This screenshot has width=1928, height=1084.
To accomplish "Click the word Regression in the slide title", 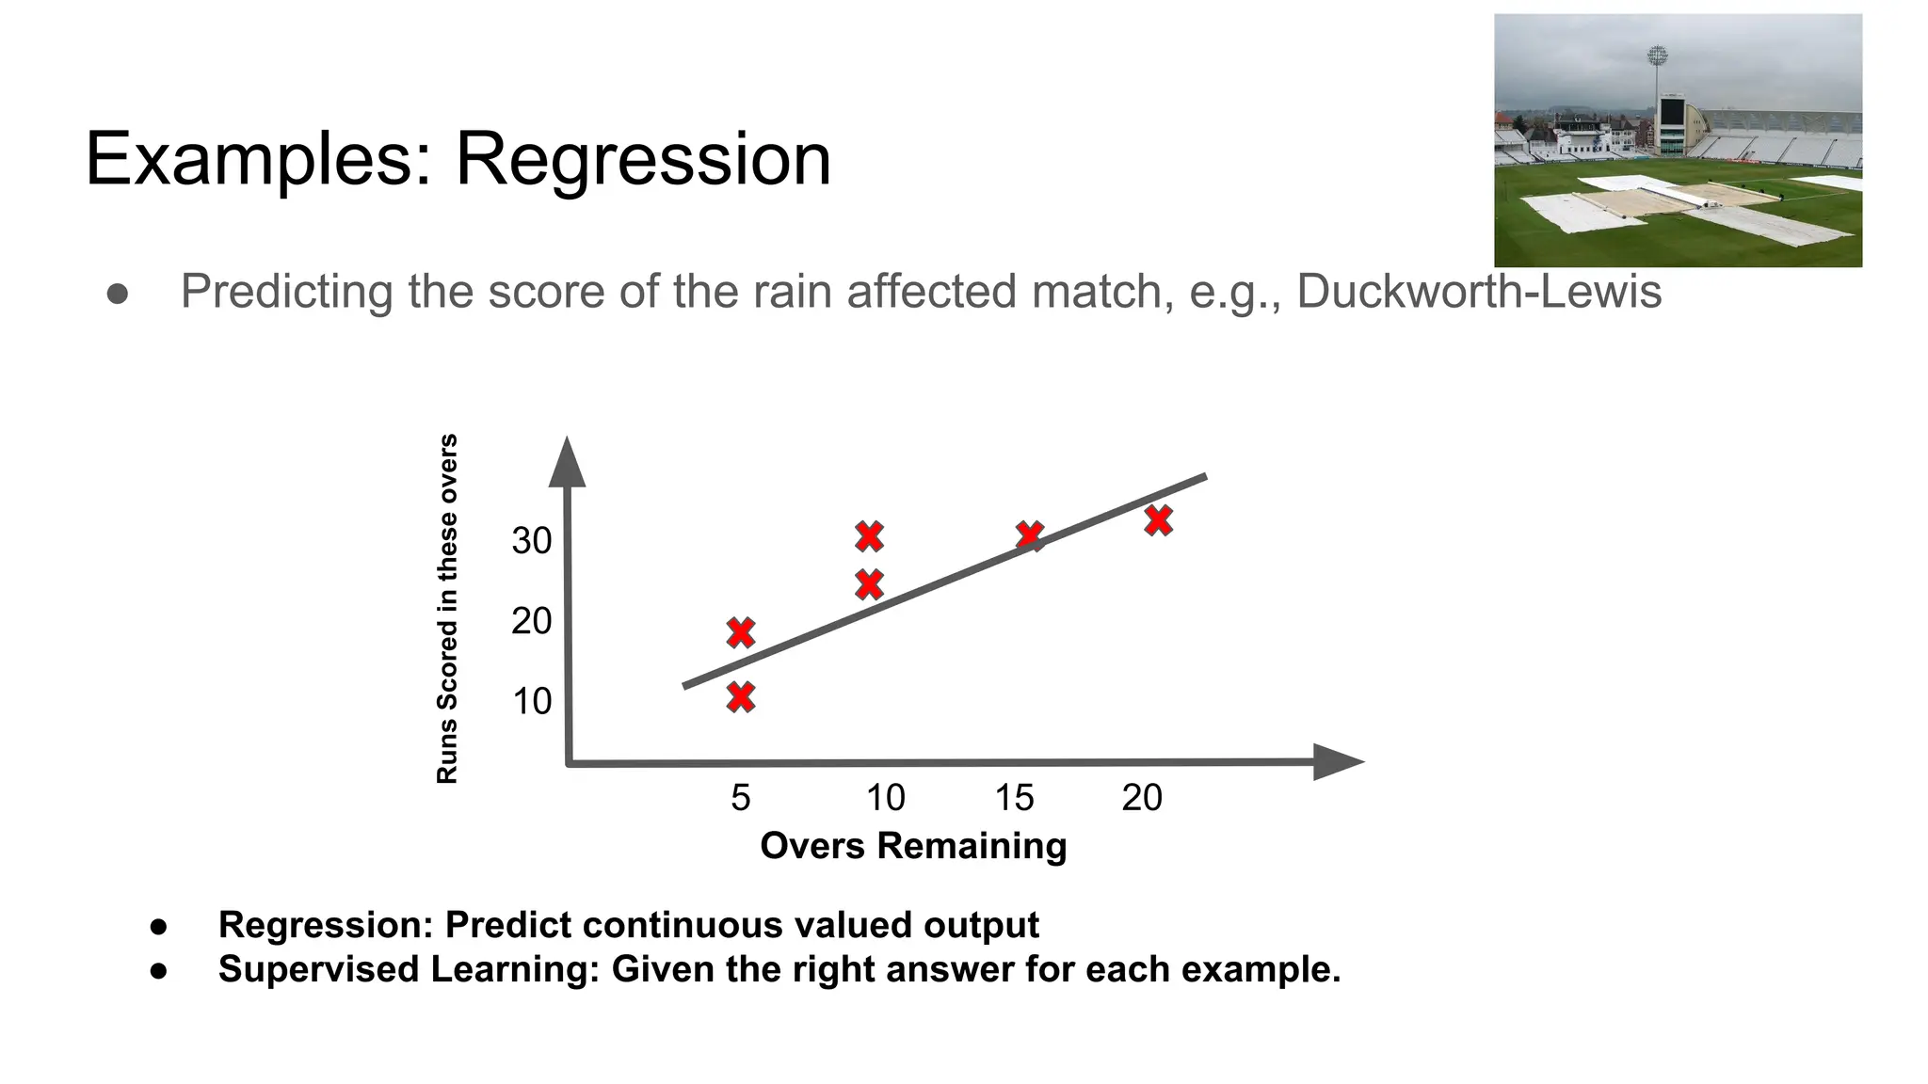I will point(643,160).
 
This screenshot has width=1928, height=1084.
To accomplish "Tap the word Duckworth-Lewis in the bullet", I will point(1478,292).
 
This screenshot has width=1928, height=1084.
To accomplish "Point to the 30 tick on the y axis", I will point(531,541).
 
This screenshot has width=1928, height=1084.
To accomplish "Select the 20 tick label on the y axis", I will point(531,621).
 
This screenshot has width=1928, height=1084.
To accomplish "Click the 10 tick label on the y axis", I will point(531,701).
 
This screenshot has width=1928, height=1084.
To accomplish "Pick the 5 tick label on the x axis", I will point(741,798).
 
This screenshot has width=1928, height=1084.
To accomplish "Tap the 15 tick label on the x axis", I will point(1014,798).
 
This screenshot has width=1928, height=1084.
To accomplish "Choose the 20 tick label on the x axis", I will point(1142,798).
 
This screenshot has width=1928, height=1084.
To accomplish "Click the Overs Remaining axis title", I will point(913,845).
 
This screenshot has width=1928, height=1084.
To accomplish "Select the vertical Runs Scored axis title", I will point(447,608).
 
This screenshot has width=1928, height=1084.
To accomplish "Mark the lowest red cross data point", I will point(741,697).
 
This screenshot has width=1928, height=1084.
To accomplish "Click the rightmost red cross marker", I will point(1159,520).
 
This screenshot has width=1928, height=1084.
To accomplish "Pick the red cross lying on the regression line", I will point(1030,536).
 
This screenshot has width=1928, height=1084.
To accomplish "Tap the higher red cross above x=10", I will point(869,536).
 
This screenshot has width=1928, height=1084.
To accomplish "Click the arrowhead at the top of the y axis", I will point(567,463).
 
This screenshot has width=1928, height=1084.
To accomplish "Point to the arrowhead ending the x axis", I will point(1337,761).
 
